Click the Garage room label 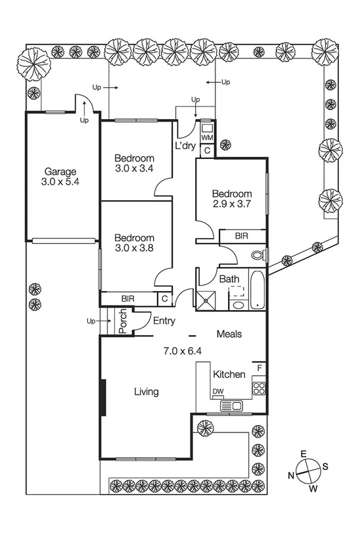[x=61, y=170]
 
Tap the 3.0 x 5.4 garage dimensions [x=61, y=182]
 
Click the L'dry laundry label [x=185, y=145]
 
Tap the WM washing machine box [x=207, y=137]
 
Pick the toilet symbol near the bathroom [x=258, y=254]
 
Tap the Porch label [x=122, y=322]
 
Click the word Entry [x=164, y=321]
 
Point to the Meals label [x=229, y=334]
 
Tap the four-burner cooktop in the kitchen [x=259, y=388]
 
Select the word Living [x=146, y=392]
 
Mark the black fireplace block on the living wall [x=102, y=397]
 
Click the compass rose [x=307, y=470]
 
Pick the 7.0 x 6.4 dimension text [x=182, y=350]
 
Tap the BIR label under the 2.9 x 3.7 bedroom [x=241, y=235]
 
